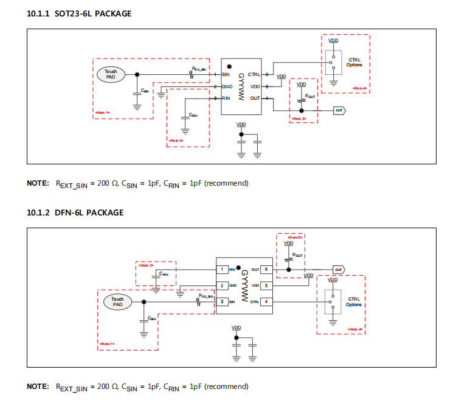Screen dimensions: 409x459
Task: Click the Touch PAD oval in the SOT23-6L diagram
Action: click(110, 74)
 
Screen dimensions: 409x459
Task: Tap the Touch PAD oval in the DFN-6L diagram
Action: click(117, 301)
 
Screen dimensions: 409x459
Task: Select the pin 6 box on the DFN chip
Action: click(266, 270)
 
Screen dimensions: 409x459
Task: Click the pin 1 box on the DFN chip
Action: click(224, 270)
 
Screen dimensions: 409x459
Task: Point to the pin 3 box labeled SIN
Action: click(224, 301)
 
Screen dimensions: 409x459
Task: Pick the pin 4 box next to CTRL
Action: click(266, 301)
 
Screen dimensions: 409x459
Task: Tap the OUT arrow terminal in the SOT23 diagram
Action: click(339, 110)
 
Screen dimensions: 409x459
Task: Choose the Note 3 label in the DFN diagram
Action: click(289, 237)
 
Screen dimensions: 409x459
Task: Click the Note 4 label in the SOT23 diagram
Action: click(360, 88)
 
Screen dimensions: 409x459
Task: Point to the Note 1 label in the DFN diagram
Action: click(106, 344)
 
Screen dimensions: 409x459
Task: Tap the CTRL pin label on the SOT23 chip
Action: click(254, 74)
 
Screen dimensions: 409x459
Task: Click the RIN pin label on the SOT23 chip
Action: click(226, 98)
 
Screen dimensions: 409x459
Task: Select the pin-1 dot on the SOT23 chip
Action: click(229, 66)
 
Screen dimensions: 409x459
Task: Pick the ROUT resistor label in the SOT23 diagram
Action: click(310, 96)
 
